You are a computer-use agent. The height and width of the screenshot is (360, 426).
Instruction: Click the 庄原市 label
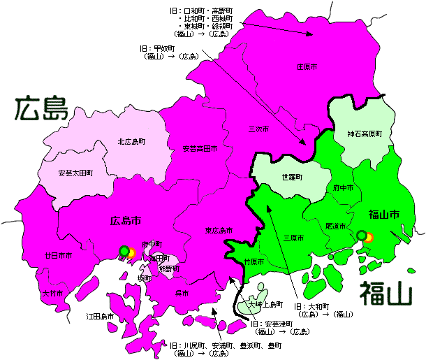(x=307, y=67)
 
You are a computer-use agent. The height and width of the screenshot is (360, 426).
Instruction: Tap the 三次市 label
(x=259, y=130)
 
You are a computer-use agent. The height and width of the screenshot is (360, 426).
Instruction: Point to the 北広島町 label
(x=132, y=142)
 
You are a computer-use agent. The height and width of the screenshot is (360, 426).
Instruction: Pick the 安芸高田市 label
(x=199, y=149)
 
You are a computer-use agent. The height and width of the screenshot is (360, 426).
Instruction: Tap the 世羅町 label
(x=292, y=178)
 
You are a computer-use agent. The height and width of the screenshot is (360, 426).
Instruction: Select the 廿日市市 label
(x=58, y=256)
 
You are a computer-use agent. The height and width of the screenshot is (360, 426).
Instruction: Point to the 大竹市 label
(x=52, y=293)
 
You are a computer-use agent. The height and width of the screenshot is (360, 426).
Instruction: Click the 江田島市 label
(x=100, y=317)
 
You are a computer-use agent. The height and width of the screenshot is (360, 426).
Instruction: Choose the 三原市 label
(x=293, y=238)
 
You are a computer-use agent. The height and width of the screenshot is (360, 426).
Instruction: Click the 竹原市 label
(x=254, y=262)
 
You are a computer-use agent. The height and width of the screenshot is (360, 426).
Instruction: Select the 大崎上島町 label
(x=267, y=305)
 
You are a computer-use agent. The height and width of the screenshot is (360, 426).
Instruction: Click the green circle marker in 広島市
(x=124, y=251)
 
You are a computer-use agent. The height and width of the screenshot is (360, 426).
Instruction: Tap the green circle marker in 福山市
(x=361, y=236)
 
